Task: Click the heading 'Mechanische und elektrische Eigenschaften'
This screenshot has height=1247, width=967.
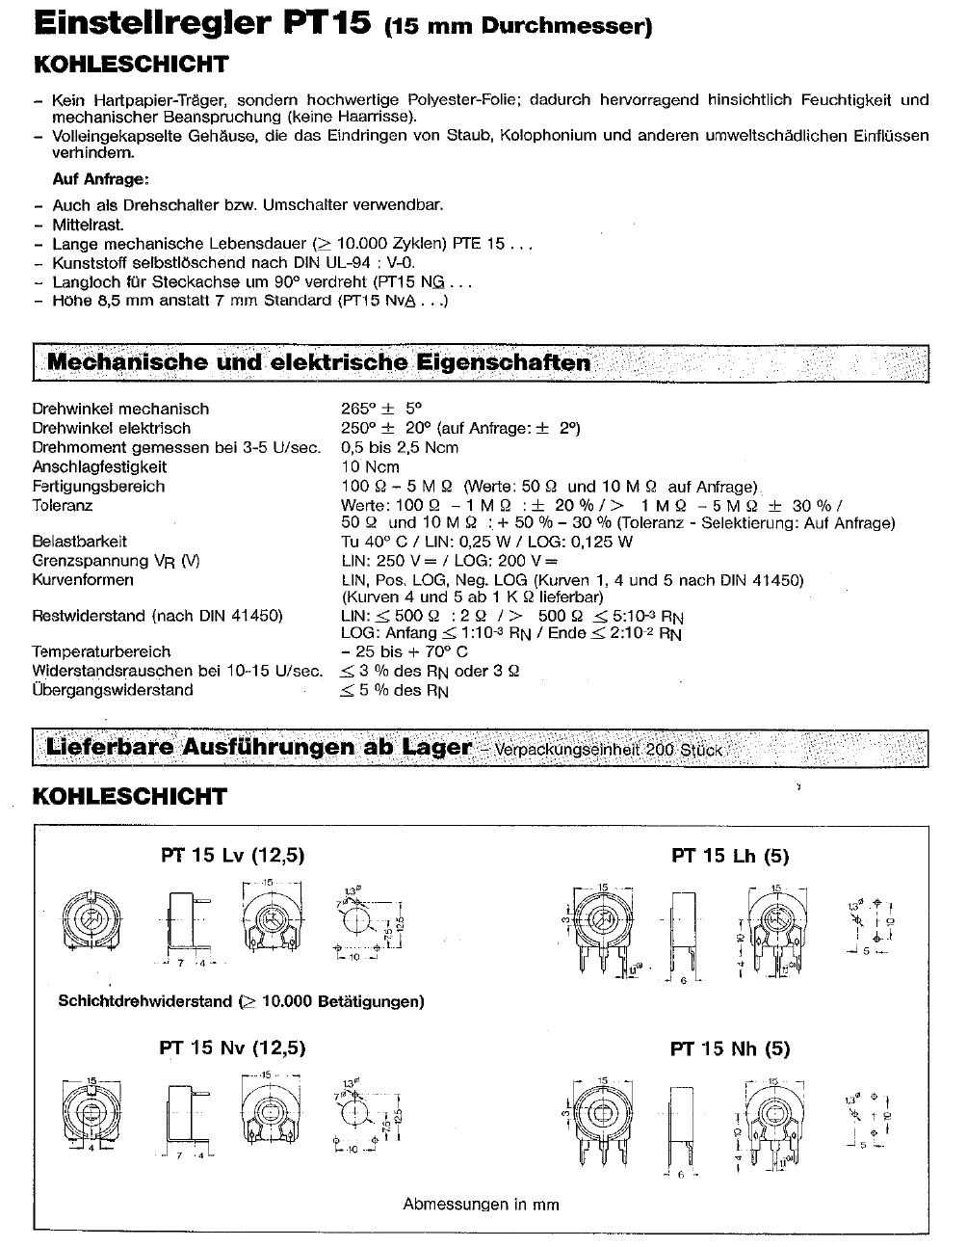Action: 318,363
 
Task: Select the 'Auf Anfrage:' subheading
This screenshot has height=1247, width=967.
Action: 100,179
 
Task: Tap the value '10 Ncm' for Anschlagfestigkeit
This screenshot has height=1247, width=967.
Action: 370,466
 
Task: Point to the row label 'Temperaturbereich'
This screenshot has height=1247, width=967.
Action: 101,651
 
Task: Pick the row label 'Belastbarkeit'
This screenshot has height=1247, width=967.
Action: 79,542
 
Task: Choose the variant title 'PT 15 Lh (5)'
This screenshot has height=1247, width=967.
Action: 730,856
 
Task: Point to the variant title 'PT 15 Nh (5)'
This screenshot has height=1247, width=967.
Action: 730,1048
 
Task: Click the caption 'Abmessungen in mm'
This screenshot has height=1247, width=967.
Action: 481,1204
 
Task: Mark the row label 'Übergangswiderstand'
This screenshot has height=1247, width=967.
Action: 112,690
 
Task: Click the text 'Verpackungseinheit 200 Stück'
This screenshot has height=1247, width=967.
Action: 609,750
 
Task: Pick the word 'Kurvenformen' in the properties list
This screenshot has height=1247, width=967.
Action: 83,580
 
